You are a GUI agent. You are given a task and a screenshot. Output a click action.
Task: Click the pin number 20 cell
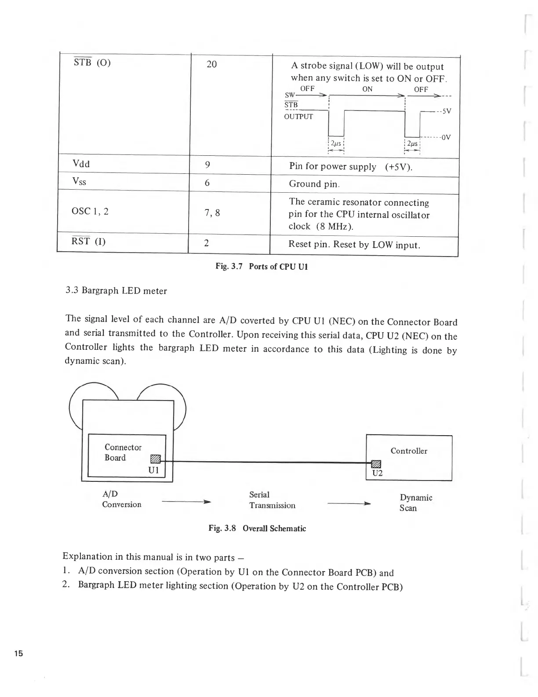[211, 64]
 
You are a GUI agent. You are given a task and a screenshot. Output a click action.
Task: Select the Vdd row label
[81, 164]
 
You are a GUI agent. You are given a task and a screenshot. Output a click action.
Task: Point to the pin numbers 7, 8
[212, 213]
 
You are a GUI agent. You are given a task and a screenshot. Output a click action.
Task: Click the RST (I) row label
[88, 241]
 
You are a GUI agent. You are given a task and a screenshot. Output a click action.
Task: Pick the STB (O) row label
[92, 62]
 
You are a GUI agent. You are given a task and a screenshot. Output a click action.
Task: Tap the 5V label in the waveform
[446, 111]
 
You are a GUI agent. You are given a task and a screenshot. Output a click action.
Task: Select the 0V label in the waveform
[446, 137]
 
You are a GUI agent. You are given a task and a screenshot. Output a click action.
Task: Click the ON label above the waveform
[367, 89]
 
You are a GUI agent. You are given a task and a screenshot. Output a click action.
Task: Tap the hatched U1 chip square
[156, 459]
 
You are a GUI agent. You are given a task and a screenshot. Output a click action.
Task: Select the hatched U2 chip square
[376, 463]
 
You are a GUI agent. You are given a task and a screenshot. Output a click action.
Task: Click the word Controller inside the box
[409, 451]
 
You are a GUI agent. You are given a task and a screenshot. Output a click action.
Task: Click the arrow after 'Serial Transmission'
[349, 503]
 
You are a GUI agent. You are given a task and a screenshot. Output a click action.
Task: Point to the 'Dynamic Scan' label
[415, 503]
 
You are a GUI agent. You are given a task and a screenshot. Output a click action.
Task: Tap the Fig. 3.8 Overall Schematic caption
[257, 528]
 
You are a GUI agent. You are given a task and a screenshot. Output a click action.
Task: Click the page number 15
[18, 653]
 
